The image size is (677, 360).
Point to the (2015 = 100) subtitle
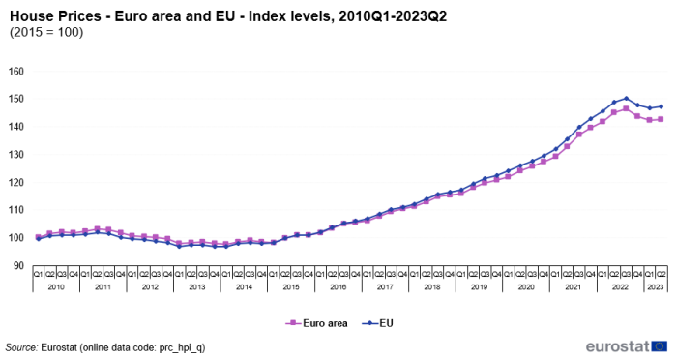pos(46,33)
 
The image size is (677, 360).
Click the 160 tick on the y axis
pos(15,72)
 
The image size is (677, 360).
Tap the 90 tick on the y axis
pos(18,265)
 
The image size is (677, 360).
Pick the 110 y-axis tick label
pos(15,210)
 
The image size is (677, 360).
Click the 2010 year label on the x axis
pos(56,287)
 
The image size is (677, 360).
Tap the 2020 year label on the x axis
pos(526,287)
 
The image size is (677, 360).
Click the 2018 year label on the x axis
pos(432,287)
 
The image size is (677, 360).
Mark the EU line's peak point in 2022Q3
pos(626,99)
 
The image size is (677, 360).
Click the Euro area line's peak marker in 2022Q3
pos(626,108)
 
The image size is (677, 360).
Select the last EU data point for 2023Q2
pos(662,106)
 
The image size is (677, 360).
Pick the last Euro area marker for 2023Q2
pos(662,119)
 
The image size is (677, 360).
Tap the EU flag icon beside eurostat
pos(660,345)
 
